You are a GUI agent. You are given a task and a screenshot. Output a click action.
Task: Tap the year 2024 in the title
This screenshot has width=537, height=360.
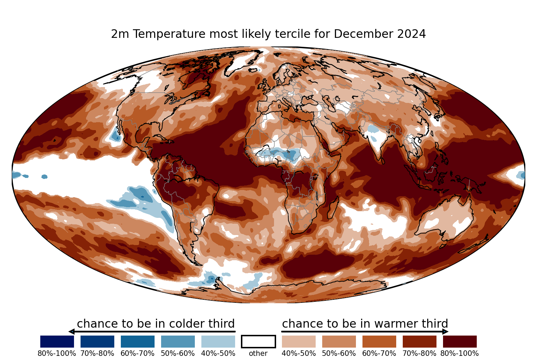[411, 34]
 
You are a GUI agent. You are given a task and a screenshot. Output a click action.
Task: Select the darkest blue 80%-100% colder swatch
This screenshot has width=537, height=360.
[57, 341]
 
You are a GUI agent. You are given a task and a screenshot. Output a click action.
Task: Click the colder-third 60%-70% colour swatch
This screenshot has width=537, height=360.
[138, 341]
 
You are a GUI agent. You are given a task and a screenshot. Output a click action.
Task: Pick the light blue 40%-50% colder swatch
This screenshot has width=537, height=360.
[218, 341]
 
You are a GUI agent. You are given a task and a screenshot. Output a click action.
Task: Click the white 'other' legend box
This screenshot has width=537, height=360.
[259, 341]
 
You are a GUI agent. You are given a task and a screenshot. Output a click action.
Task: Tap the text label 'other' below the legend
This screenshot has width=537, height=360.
[258, 353]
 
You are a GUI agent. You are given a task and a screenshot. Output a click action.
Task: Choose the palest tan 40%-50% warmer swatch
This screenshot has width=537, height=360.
[299, 341]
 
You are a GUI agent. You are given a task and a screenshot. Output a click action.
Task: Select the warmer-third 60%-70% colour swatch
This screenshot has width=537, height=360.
[379, 341]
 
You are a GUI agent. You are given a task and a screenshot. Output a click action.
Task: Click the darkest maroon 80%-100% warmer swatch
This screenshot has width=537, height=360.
[460, 341]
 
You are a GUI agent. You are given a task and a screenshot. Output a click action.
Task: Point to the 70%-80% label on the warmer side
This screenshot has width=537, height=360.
[419, 353]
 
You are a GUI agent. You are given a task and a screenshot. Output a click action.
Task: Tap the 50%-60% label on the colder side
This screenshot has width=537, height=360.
[178, 353]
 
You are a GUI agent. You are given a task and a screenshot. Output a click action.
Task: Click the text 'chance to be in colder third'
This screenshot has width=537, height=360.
[156, 324]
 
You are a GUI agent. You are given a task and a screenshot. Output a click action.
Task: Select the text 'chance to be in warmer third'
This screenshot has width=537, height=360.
[365, 324]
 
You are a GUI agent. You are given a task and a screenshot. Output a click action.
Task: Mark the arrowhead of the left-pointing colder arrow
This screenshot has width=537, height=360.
[71, 332]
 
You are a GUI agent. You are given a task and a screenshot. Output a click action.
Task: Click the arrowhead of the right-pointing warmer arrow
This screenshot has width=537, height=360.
[445, 332]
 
